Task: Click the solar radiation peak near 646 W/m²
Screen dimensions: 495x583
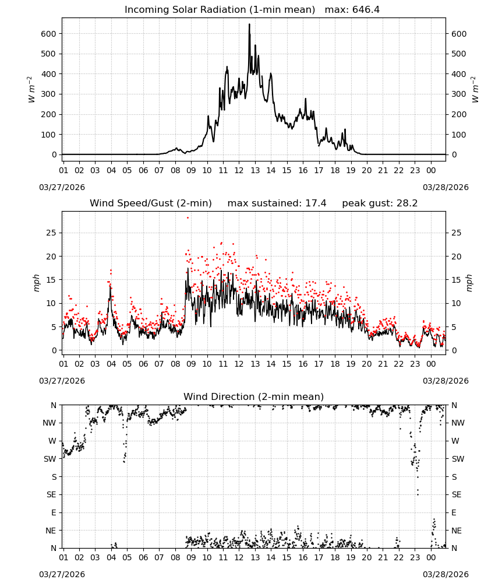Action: (250, 24)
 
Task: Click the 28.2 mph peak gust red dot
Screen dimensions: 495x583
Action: (188, 218)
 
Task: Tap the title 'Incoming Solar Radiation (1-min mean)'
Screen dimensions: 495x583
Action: (220, 10)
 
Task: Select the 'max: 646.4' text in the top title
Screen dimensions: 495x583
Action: (352, 10)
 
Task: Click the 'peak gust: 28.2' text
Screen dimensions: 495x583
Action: (380, 203)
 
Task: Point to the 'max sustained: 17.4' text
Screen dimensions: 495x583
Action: (277, 203)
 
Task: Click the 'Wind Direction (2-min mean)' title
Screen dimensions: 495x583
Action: (254, 396)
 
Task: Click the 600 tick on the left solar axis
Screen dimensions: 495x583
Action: (49, 34)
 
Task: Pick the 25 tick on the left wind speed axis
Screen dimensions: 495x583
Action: (51, 233)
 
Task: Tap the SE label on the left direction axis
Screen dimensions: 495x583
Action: (51, 494)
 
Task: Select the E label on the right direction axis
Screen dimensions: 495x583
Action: (454, 512)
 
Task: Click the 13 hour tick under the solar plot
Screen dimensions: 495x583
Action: (254, 170)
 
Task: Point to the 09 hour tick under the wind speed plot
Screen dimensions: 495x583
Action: (191, 364)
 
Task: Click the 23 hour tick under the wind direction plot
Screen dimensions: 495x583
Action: (415, 557)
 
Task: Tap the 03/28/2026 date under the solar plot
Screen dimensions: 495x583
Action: (446, 187)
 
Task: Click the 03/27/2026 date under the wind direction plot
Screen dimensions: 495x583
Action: (62, 574)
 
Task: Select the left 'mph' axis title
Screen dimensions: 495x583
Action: (36, 283)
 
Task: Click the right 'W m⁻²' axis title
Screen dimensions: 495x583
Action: (475, 90)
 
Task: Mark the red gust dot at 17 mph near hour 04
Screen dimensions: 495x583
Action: (111, 271)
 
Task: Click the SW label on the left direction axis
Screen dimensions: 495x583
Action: (49, 459)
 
